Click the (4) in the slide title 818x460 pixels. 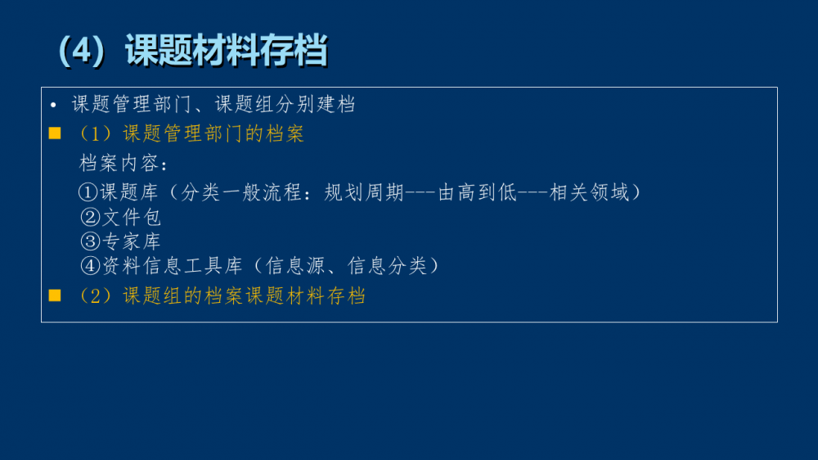pos(83,52)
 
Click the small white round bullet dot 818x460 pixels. pos(53,106)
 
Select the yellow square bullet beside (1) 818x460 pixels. pos(55,133)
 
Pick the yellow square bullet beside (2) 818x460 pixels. pos(55,295)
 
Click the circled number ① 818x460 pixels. pos(88,192)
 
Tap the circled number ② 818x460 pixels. pos(90,217)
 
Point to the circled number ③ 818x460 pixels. pos(90,241)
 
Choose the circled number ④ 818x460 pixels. pos(90,266)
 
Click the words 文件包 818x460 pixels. pos(132,217)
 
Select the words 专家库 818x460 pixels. pos(132,241)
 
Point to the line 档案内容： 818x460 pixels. pos(124,164)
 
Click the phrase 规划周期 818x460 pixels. pos(364,192)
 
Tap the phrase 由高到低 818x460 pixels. pos(478,192)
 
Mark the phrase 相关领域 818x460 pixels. pos(590,192)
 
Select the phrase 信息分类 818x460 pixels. pos(388,266)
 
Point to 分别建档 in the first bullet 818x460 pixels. pos(316,104)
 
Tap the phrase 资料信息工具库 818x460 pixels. pos(173,266)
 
